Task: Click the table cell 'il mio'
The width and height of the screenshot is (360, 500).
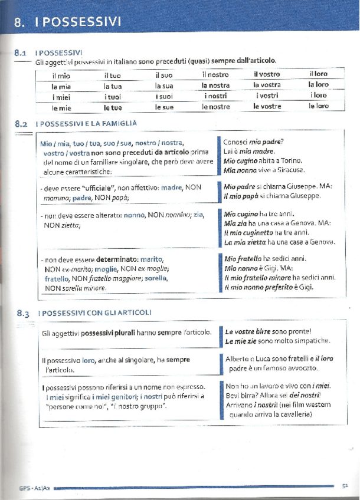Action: tap(61, 75)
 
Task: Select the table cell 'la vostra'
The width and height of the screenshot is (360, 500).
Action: tap(267, 85)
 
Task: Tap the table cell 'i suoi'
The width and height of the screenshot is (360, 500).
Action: tap(164, 96)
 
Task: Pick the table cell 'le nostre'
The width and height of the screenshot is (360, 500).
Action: tap(215, 107)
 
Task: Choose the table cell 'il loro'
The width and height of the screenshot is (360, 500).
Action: tap(318, 74)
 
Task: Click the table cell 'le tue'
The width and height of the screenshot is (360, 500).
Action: tap(113, 107)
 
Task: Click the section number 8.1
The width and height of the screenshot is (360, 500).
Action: tap(22, 52)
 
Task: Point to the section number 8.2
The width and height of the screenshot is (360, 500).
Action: tap(22, 124)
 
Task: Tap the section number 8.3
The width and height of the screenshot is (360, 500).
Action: tap(24, 313)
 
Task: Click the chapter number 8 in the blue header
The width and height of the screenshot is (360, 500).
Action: tap(20, 22)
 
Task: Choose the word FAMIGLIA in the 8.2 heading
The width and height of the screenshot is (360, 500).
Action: tap(119, 124)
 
